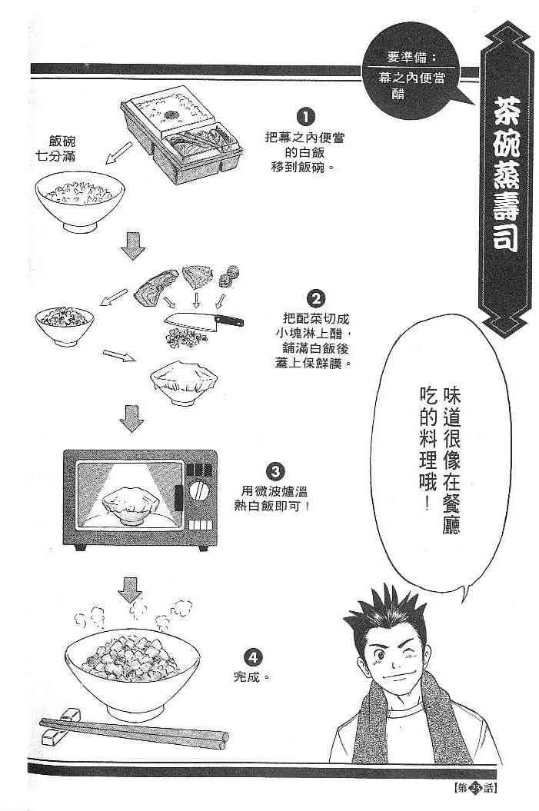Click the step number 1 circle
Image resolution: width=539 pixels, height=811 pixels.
[x=305, y=118]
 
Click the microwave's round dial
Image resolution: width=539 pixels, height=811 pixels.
[x=198, y=490]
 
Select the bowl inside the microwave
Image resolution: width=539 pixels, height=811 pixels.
[x=128, y=504]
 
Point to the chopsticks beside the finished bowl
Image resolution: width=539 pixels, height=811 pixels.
[x=135, y=730]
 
